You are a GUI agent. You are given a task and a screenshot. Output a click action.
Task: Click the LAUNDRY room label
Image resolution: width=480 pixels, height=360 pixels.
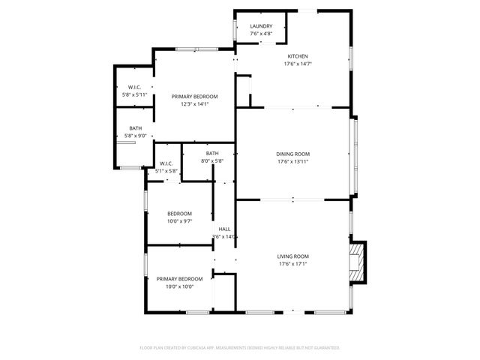pyautogui.click(x=261, y=26)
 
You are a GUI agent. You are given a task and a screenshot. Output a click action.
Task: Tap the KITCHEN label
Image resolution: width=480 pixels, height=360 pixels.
pyautogui.click(x=298, y=56)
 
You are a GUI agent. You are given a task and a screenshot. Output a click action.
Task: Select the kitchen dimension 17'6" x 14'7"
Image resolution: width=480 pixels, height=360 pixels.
pyautogui.click(x=298, y=64)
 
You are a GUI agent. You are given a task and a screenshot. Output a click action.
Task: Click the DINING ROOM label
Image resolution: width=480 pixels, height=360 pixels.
pyautogui.click(x=293, y=154)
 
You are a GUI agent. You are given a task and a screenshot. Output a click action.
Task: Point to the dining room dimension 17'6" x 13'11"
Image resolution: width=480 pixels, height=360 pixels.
pyautogui.click(x=293, y=161)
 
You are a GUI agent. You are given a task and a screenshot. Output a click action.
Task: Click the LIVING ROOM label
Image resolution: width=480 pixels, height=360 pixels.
pyautogui.click(x=293, y=256)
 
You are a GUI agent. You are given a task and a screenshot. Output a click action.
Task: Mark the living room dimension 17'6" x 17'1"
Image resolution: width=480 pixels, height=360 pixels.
pyautogui.click(x=293, y=263)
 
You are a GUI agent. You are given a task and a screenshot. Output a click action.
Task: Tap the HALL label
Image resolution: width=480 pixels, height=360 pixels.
pyautogui.click(x=224, y=229)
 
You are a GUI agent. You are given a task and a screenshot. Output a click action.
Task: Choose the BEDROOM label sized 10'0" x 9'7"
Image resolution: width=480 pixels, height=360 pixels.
pyautogui.click(x=179, y=213)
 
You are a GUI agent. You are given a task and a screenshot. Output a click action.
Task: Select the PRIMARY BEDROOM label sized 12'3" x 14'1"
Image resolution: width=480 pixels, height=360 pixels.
pyautogui.click(x=194, y=97)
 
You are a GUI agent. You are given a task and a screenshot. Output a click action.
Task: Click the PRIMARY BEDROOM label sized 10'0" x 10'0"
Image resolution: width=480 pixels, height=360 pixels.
pyautogui.click(x=179, y=278)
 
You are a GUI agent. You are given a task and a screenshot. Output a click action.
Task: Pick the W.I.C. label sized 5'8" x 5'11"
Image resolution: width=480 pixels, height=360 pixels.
pyautogui.click(x=136, y=88)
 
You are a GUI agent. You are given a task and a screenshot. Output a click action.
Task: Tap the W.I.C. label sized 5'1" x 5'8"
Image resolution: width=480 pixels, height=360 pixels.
pyautogui.click(x=166, y=163)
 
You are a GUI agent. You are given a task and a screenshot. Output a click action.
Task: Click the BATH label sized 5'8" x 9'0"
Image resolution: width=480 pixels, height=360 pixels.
pyautogui.click(x=136, y=128)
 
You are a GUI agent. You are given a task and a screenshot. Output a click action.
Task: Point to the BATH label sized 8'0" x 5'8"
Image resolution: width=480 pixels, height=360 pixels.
pyautogui.click(x=212, y=153)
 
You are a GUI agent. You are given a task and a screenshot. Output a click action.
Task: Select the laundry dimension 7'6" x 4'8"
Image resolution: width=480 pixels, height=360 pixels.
pyautogui.click(x=261, y=34)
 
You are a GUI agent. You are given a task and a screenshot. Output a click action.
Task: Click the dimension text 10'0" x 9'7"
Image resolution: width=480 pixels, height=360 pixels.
pyautogui.click(x=179, y=221)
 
